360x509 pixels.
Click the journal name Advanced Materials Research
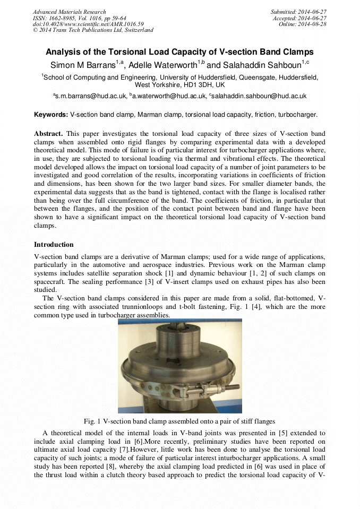69,12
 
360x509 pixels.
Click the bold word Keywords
51,115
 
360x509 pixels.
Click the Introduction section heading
54,245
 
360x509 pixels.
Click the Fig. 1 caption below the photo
179,421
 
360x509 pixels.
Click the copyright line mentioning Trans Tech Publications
93,30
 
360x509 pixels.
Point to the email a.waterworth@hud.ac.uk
171,96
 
